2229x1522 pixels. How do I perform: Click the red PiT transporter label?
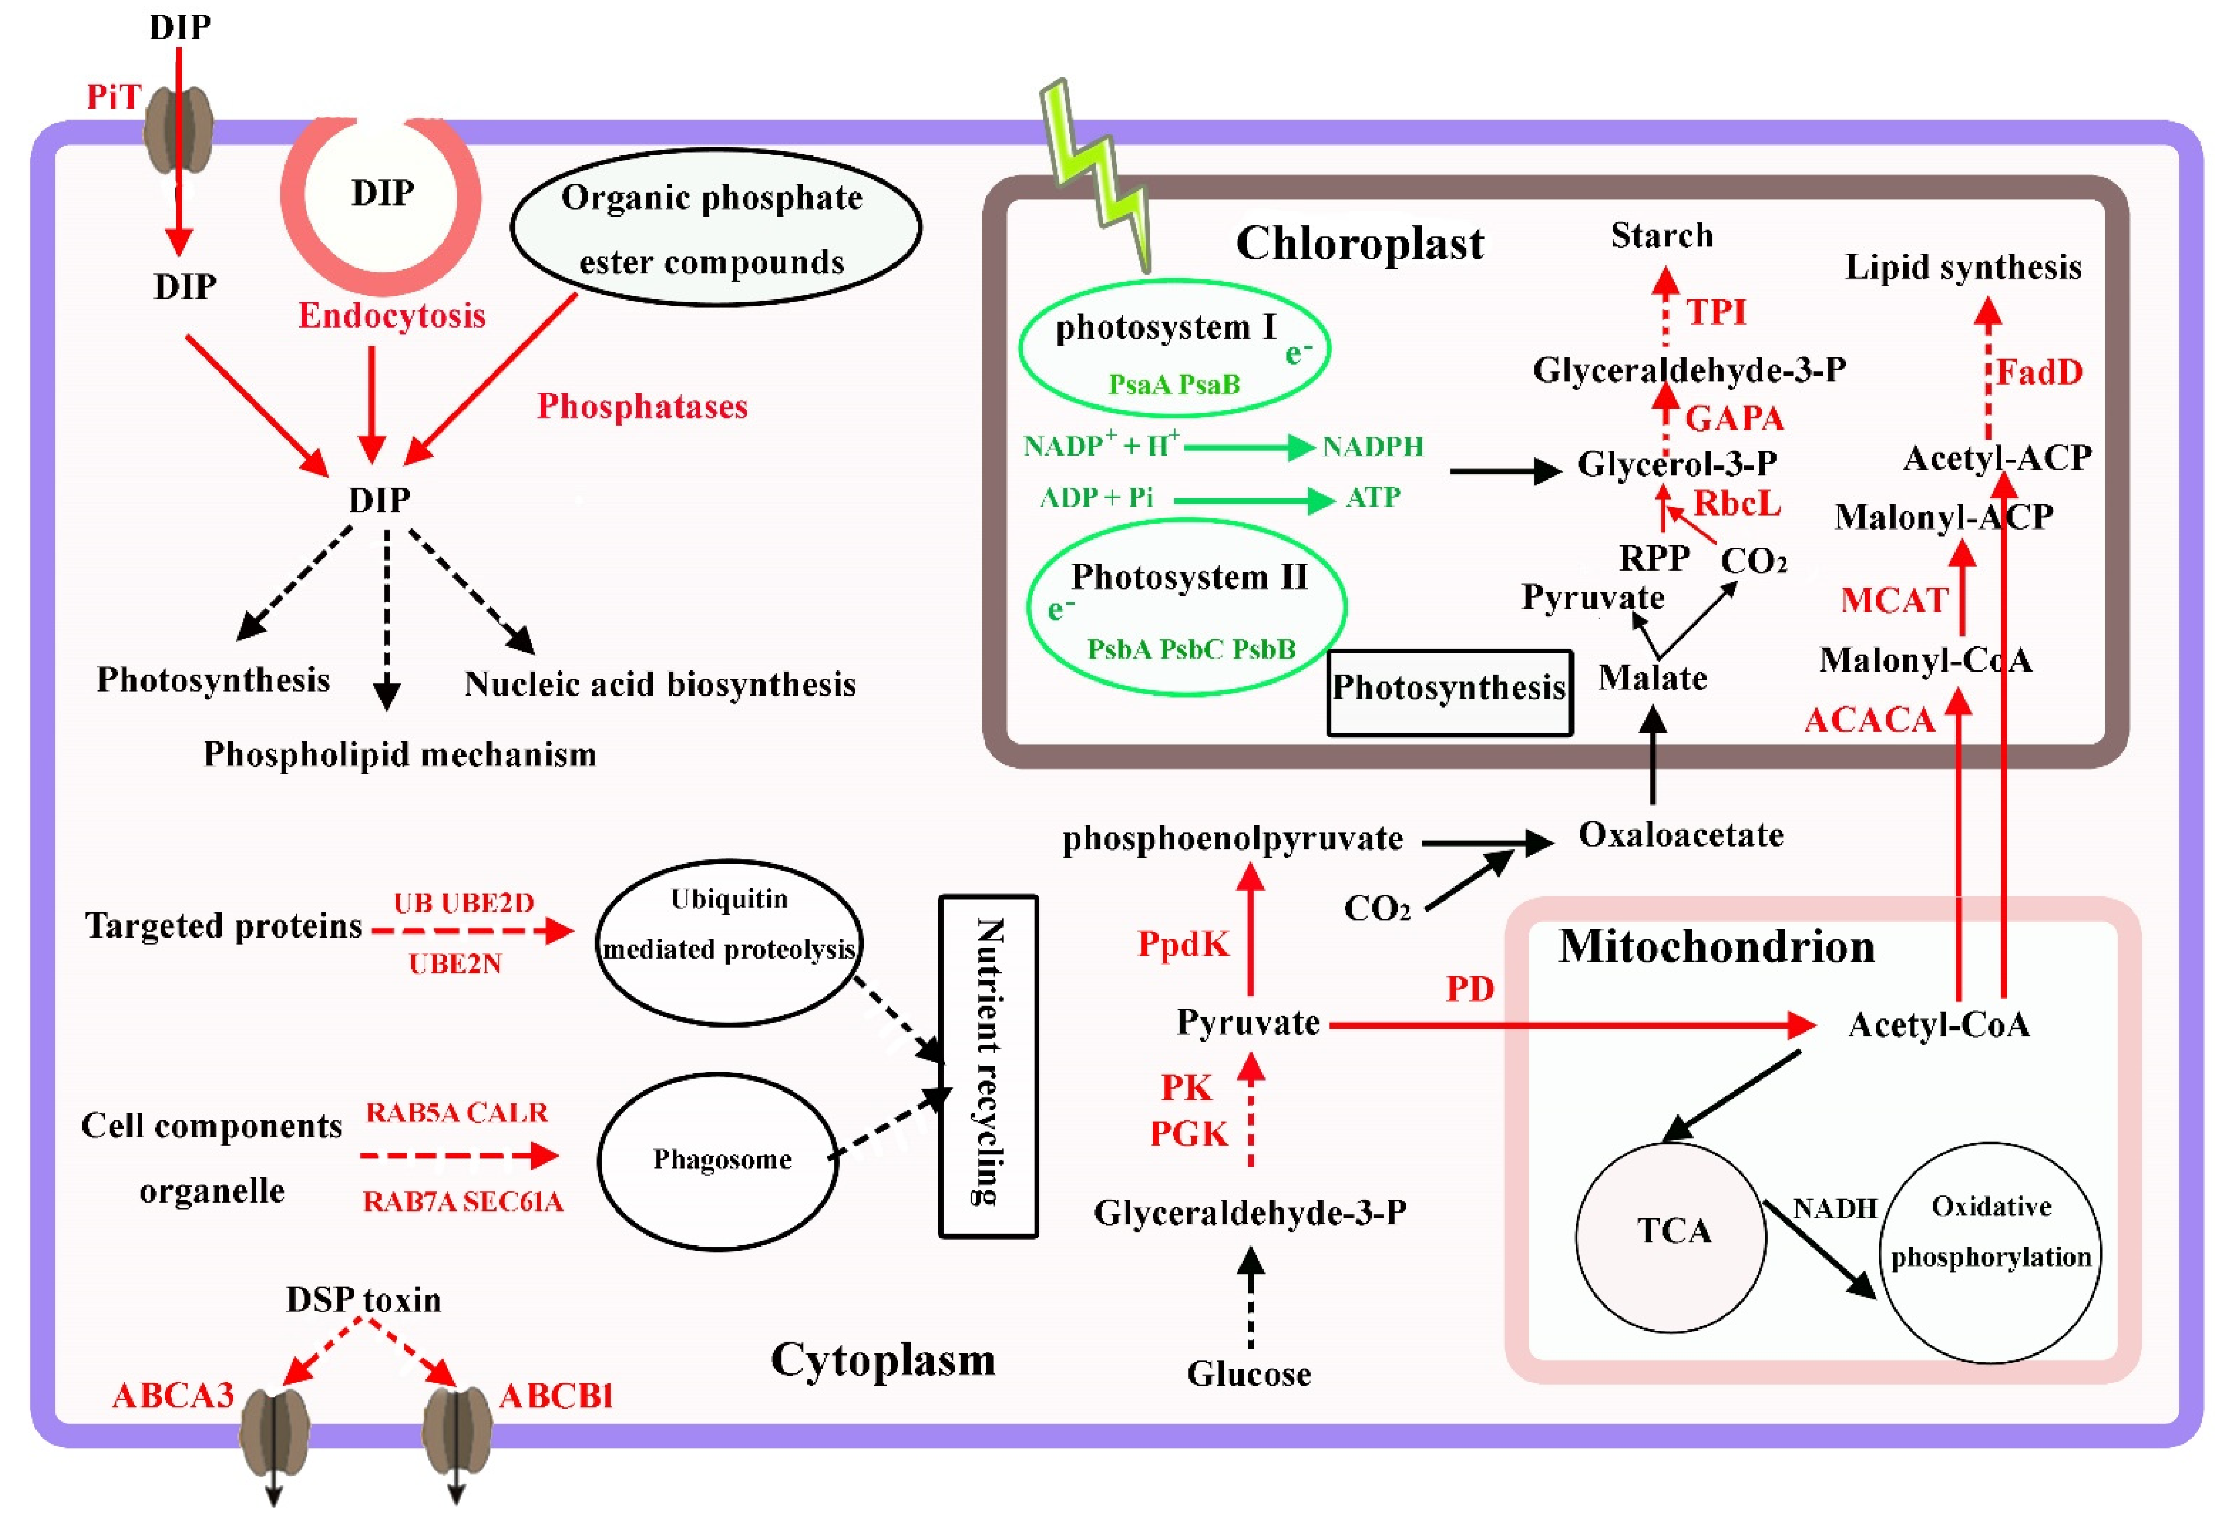pyautogui.click(x=113, y=97)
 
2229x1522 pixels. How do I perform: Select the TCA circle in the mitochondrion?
pyautogui.click(x=1672, y=1237)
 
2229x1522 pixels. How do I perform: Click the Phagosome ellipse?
pyautogui.click(x=719, y=1160)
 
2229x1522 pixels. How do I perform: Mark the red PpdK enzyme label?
pyautogui.click(x=1183, y=944)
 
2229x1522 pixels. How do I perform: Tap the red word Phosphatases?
pyautogui.click(x=641, y=406)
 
